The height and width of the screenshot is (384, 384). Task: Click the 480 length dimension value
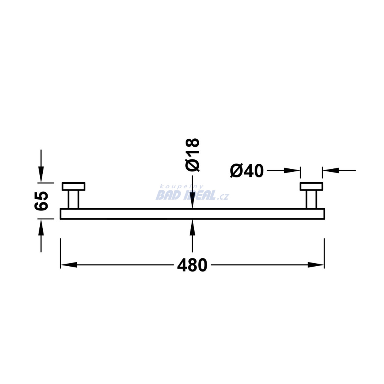pos(192,265)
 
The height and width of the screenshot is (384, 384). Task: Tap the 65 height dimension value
pos(41,201)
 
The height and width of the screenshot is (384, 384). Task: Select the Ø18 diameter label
pos(192,155)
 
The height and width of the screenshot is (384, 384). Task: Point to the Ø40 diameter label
pos(247,171)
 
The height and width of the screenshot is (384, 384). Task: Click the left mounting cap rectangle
pos(73,186)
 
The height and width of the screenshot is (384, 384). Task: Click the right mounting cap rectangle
pos(312,186)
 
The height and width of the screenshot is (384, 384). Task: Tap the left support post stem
pos(73,199)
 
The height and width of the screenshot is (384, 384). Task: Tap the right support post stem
pos(312,199)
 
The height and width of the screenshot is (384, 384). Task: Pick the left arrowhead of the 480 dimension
pos(69,265)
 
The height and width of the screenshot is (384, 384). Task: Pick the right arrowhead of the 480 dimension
pos(316,265)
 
